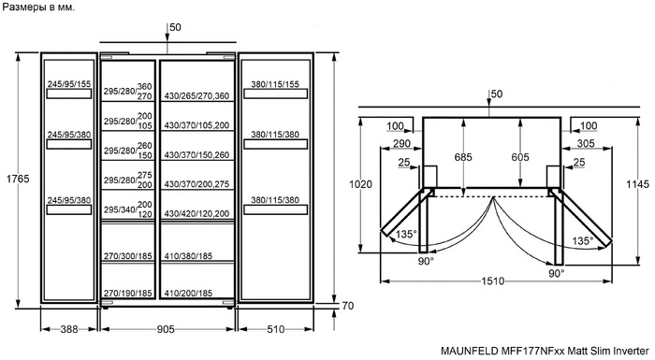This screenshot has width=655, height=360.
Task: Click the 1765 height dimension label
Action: tap(18, 179)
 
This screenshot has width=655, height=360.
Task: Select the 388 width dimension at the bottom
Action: tap(69, 329)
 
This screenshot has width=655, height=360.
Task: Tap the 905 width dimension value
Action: tap(166, 329)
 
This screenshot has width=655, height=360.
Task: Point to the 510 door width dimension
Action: tap(276, 329)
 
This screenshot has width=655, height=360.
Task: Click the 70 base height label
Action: tap(347, 306)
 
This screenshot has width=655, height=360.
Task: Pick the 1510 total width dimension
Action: tap(493, 281)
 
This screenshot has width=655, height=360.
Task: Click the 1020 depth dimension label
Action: tap(360, 184)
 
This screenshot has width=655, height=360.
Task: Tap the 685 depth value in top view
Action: tap(463, 157)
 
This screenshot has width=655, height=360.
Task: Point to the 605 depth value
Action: tap(520, 157)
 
